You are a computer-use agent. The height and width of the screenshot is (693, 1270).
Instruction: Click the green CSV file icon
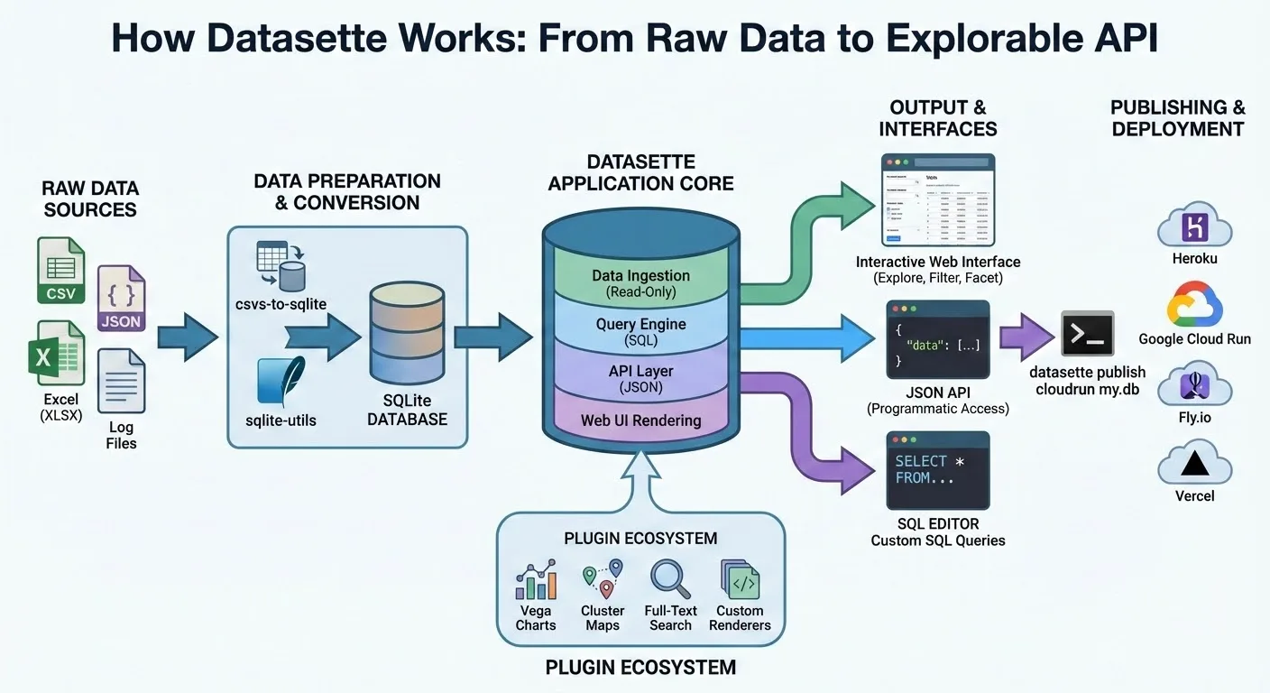tap(60, 270)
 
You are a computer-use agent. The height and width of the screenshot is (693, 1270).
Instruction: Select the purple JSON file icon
tap(121, 299)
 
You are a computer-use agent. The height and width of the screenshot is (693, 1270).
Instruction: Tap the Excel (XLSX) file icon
tap(56, 353)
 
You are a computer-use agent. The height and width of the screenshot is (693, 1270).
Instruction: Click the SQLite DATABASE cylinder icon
tap(406, 333)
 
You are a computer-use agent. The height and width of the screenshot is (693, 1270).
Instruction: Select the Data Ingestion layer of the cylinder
tap(640, 282)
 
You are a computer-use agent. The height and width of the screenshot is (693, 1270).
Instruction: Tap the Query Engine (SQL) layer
tap(640, 331)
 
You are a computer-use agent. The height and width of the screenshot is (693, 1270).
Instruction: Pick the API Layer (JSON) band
tap(640, 378)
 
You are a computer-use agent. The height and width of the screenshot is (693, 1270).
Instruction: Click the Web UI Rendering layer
tap(640, 420)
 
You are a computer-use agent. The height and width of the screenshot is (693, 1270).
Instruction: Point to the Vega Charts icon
tap(536, 580)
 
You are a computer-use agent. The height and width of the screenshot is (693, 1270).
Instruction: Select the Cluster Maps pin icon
tap(603, 579)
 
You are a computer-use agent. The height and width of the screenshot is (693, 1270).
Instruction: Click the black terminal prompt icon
tap(1087, 335)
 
